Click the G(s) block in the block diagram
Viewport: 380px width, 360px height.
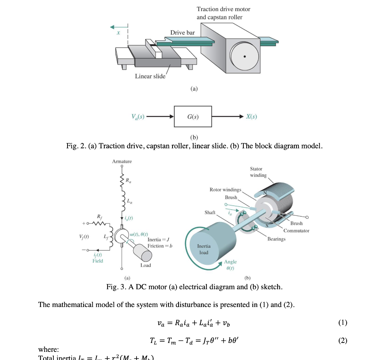click(193, 117)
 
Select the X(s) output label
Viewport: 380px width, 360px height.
click(251, 117)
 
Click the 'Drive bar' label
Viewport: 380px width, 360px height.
click(182, 33)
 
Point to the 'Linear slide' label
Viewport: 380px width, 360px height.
click(150, 76)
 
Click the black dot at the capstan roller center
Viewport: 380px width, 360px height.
click(244, 57)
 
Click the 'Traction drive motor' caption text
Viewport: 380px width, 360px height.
click(223, 9)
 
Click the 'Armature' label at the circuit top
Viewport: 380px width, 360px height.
click(122, 161)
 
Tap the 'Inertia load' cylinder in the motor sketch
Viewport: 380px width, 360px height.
click(204, 249)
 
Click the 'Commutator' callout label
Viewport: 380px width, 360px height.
click(296, 231)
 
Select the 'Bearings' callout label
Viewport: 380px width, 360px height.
click(276, 239)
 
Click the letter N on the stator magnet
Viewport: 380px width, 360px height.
click(265, 193)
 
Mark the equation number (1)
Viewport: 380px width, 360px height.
click(343, 323)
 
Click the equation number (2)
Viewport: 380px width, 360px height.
click(343, 340)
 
